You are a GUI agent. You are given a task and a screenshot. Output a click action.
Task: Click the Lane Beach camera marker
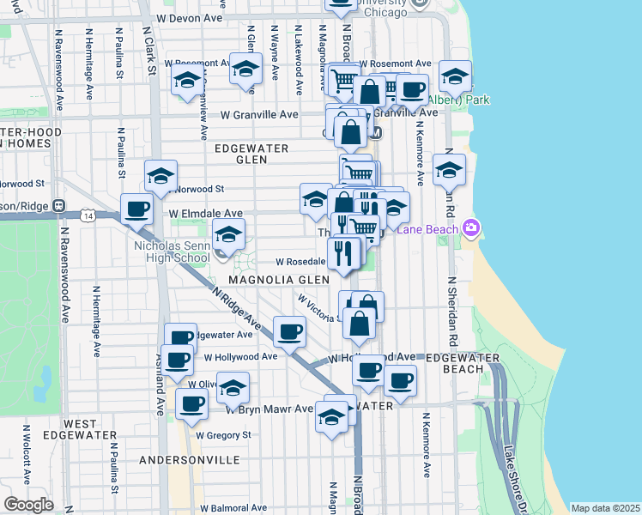470,227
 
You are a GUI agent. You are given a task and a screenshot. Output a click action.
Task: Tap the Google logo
28,505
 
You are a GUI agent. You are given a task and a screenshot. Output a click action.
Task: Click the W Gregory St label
222,435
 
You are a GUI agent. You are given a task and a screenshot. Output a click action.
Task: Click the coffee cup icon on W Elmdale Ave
137,209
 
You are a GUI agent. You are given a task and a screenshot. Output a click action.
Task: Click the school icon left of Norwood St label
160,177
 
